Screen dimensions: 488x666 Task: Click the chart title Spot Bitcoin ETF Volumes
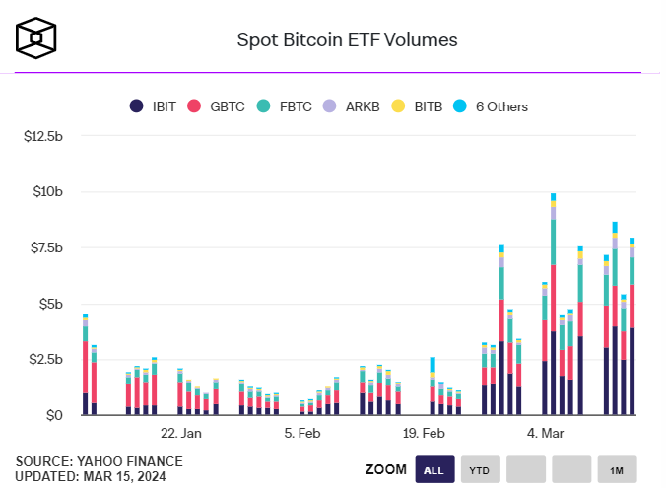347,40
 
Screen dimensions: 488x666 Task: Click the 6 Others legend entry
492,106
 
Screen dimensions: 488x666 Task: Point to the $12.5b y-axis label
43,135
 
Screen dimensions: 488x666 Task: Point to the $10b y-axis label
48,191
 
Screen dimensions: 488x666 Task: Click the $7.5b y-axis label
45,247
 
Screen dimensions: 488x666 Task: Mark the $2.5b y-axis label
45,360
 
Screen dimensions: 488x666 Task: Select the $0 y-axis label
55,416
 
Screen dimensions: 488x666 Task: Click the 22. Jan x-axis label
181,433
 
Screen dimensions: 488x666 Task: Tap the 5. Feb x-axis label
302,433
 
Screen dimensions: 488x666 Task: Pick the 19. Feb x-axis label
425,433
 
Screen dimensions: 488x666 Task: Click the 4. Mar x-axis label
546,433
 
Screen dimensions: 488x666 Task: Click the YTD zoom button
479,469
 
